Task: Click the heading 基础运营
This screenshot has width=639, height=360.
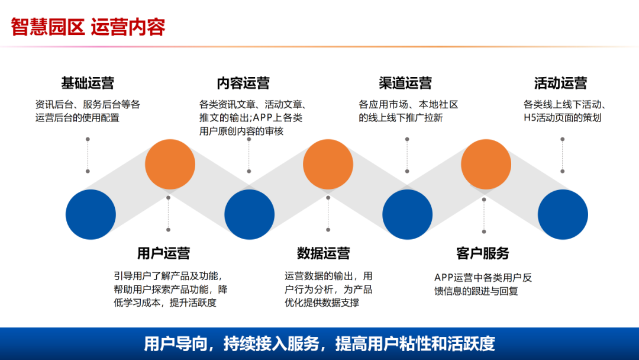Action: pyautogui.click(x=88, y=83)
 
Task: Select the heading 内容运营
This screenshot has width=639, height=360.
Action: pyautogui.click(x=243, y=83)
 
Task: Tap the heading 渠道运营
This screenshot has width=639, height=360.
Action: pyautogui.click(x=405, y=83)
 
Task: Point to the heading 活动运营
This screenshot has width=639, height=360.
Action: pyautogui.click(x=560, y=83)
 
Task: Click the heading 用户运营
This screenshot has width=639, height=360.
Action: pyautogui.click(x=163, y=253)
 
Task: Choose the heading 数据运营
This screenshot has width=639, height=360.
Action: pyautogui.click(x=323, y=253)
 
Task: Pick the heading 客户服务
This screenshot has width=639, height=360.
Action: pyautogui.click(x=483, y=253)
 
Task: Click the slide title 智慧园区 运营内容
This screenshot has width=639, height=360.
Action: pyautogui.click(x=88, y=27)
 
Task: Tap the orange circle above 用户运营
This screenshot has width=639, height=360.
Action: pyautogui.click(x=170, y=164)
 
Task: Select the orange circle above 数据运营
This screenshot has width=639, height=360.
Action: pyautogui.click(x=328, y=164)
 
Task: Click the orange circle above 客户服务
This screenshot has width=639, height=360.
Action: pyautogui.click(x=486, y=164)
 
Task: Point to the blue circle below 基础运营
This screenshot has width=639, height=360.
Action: pyautogui.click(x=91, y=214)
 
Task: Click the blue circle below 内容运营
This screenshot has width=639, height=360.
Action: pyautogui.click(x=249, y=214)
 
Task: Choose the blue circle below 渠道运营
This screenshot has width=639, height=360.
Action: pyautogui.click(x=407, y=214)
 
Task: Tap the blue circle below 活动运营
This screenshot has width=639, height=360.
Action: pyautogui.click(x=563, y=214)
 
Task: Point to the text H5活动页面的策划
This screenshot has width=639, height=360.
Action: pyautogui.click(x=562, y=118)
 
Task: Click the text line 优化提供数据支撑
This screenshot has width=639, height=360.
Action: pyautogui.click(x=322, y=303)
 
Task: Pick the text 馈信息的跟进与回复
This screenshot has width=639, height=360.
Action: pyautogui.click(x=476, y=291)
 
